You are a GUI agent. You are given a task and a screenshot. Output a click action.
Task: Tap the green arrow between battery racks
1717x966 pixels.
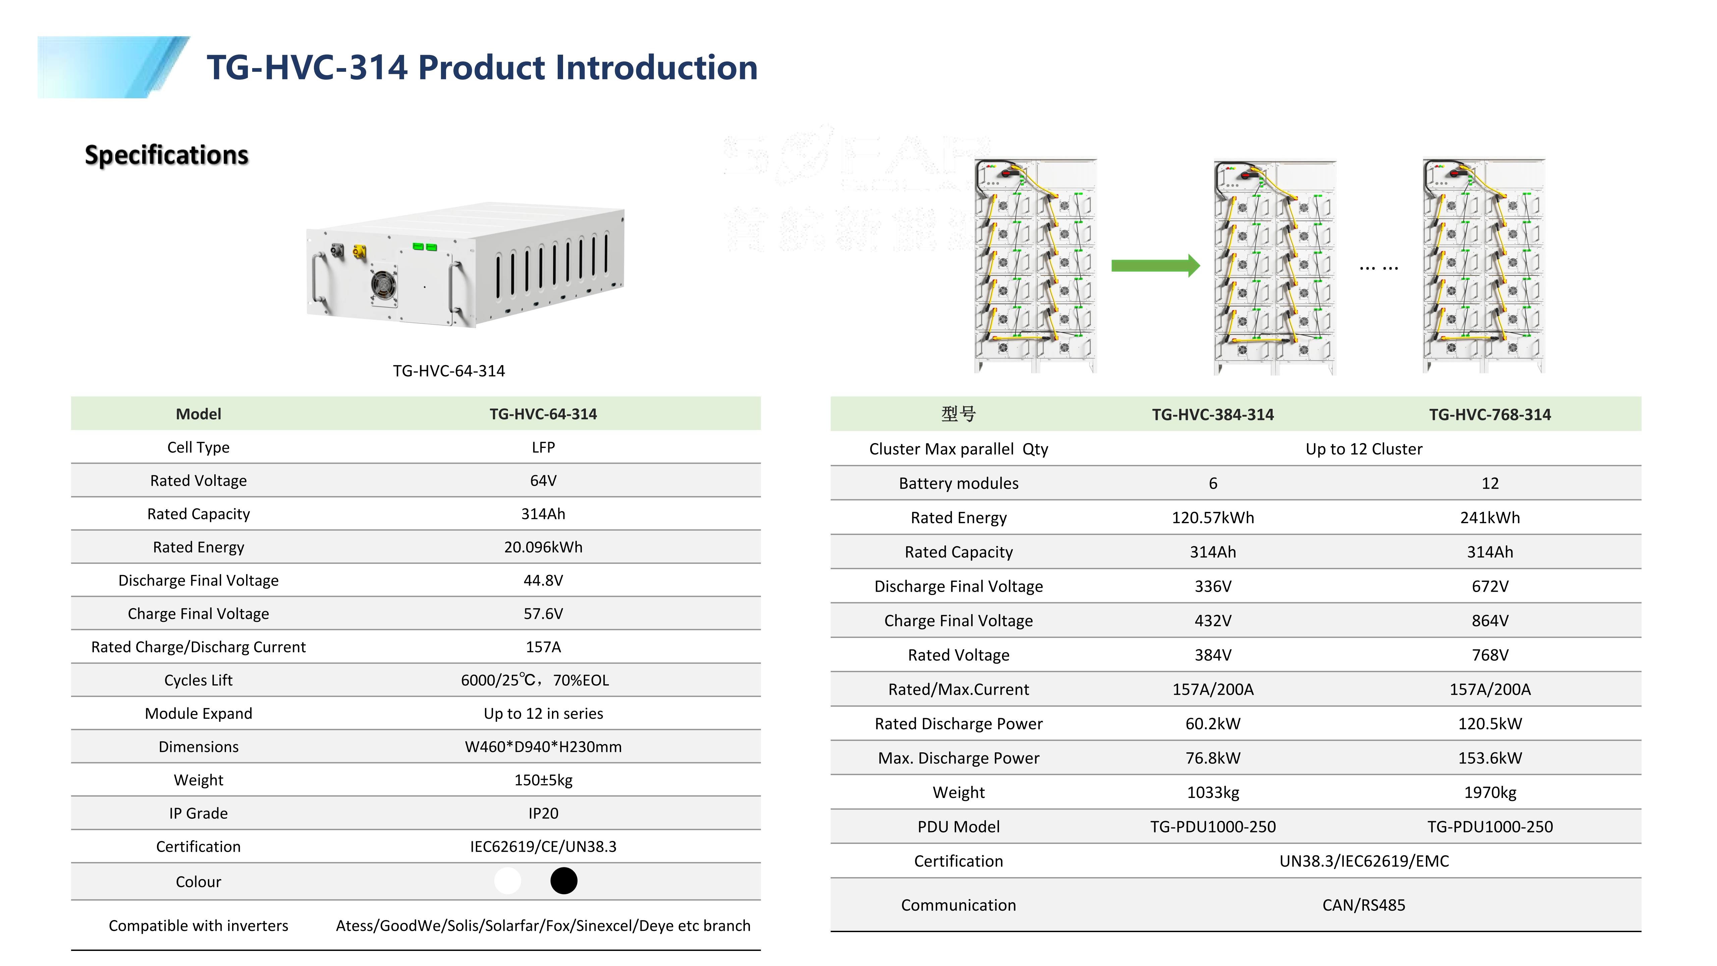point(1154,266)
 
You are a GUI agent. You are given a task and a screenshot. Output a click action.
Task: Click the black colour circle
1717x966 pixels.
point(563,881)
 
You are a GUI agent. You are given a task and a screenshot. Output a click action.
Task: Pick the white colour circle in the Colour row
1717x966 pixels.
point(507,881)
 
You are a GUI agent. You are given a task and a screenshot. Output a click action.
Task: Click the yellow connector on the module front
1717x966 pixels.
point(359,252)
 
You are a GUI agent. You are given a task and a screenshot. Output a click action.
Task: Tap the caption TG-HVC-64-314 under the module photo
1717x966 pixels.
point(449,371)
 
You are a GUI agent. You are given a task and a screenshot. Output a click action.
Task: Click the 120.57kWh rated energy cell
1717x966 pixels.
point(1212,518)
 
